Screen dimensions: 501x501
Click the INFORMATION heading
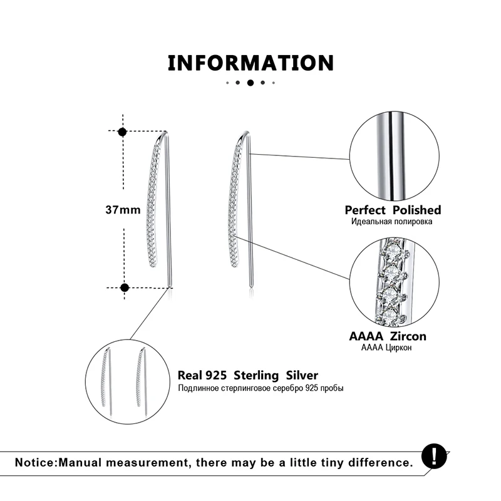click(250, 63)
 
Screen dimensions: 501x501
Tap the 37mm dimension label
click(123, 210)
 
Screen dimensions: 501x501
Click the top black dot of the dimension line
click(123, 132)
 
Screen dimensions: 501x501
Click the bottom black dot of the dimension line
click(124, 287)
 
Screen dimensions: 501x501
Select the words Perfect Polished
click(393, 210)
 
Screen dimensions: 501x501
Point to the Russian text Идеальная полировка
click(393, 222)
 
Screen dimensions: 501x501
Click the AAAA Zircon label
click(387, 337)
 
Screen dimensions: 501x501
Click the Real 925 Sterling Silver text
click(248, 376)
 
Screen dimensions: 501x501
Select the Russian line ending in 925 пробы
click(261, 388)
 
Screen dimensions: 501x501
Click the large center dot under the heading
click(250, 83)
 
